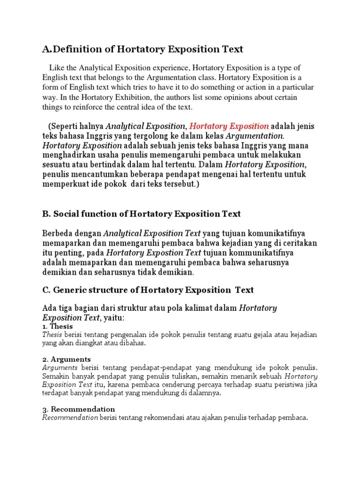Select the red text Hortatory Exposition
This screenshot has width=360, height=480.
coord(229,126)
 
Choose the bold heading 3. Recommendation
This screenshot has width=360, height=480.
coord(78,409)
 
